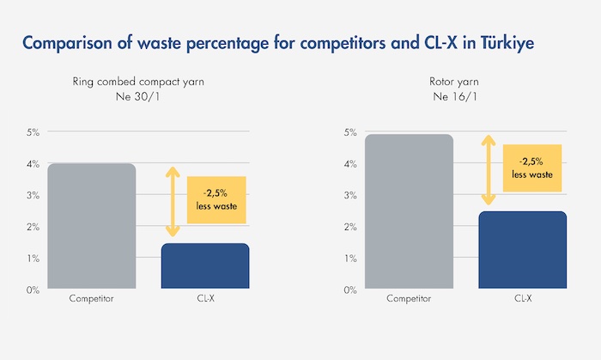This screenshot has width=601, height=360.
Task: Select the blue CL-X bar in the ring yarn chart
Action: (205, 266)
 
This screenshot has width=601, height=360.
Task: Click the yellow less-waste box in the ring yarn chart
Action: (216, 200)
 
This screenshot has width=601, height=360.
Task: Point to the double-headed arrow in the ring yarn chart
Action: (172, 201)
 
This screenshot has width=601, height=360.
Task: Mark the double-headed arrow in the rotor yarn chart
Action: (489, 169)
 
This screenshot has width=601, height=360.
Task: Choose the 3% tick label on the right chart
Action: (351, 195)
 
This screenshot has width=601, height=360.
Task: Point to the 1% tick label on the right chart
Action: (351, 259)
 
